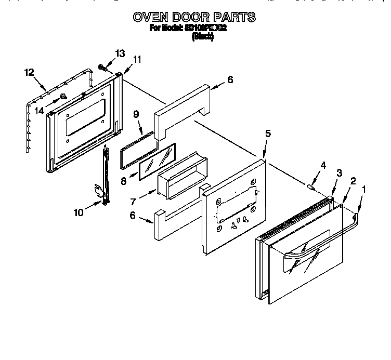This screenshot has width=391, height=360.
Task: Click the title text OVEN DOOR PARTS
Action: point(194,17)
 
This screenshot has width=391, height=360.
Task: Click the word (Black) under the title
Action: point(203,37)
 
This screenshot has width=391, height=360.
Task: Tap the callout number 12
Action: point(29,72)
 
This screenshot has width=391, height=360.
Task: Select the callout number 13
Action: point(120,54)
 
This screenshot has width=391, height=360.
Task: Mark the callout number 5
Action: point(268,134)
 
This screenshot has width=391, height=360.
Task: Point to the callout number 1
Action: point(364,190)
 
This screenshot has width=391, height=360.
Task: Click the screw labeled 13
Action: point(102,67)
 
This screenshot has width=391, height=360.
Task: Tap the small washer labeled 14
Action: point(63,96)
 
